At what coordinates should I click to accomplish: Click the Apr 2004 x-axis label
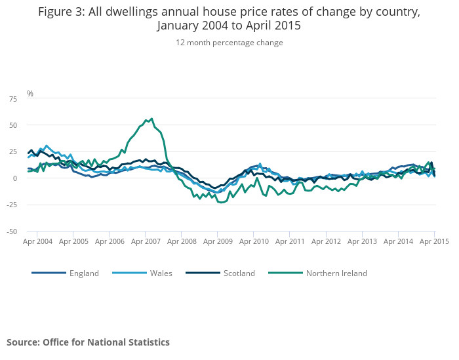(37, 241)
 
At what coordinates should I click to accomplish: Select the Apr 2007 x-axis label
(146, 241)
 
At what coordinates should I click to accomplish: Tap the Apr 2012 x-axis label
(327, 241)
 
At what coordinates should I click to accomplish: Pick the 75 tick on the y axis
(13, 99)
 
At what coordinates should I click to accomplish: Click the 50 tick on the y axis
(13, 125)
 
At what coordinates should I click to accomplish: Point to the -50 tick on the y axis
(12, 231)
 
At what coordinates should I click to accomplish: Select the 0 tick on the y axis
(15, 178)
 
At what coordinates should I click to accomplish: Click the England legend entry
(84, 273)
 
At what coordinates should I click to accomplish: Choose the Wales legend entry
(161, 273)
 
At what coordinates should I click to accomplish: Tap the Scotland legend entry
(239, 273)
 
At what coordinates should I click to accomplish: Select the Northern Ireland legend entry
(336, 273)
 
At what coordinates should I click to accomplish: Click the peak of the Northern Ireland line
(152, 119)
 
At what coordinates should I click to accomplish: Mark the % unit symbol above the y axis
(30, 94)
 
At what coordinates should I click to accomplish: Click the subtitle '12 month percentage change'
(229, 43)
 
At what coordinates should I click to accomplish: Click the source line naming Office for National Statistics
(88, 342)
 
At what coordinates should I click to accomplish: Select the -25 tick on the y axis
(12, 205)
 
